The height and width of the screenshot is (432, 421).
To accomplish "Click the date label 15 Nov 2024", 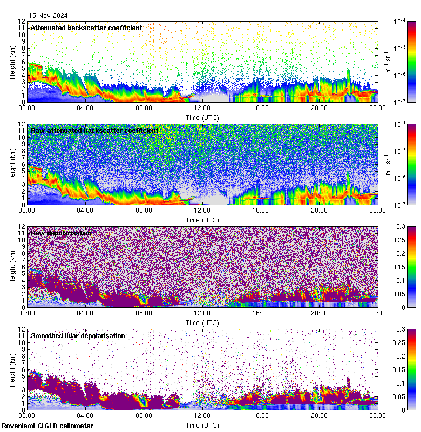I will point(48,16).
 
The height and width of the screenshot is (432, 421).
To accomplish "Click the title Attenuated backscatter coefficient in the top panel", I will point(86,28).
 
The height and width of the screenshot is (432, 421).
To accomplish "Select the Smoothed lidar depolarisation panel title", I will point(78,335).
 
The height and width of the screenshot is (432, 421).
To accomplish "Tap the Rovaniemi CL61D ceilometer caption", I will point(47,426).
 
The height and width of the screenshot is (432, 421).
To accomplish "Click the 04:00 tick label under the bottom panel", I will point(85,416).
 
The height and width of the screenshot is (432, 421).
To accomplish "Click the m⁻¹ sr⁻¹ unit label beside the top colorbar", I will point(387,62).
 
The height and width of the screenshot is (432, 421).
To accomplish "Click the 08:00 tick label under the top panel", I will point(144,108).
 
